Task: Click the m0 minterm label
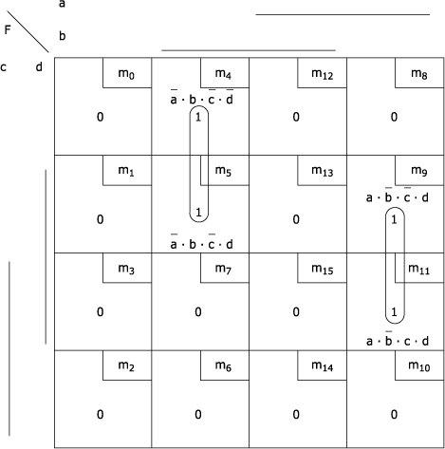pyautogui.click(x=126, y=74)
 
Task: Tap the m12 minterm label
pyautogui.click(x=323, y=74)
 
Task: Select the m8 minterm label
pyautogui.click(x=419, y=74)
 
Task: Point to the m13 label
pyautogui.click(x=323, y=171)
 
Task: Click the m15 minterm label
pyautogui.click(x=323, y=269)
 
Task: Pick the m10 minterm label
pyautogui.click(x=419, y=366)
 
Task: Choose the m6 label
pyautogui.click(x=223, y=366)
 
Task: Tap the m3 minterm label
pyautogui.click(x=126, y=269)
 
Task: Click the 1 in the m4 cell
pyautogui.click(x=198, y=117)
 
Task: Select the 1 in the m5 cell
pyautogui.click(x=198, y=212)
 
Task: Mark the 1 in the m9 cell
pyautogui.click(x=394, y=219)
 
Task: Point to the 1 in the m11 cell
pyautogui.click(x=394, y=312)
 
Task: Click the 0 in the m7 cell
pyautogui.click(x=198, y=312)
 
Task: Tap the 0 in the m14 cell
pyautogui.click(x=296, y=415)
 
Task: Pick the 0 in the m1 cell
pyautogui.click(x=100, y=219)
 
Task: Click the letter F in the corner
pyautogui.click(x=8, y=29)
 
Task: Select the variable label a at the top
pyautogui.click(x=62, y=4)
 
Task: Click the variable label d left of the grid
pyautogui.click(x=39, y=66)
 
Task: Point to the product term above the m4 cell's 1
pyautogui.click(x=202, y=98)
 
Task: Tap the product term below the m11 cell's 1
pyautogui.click(x=398, y=339)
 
